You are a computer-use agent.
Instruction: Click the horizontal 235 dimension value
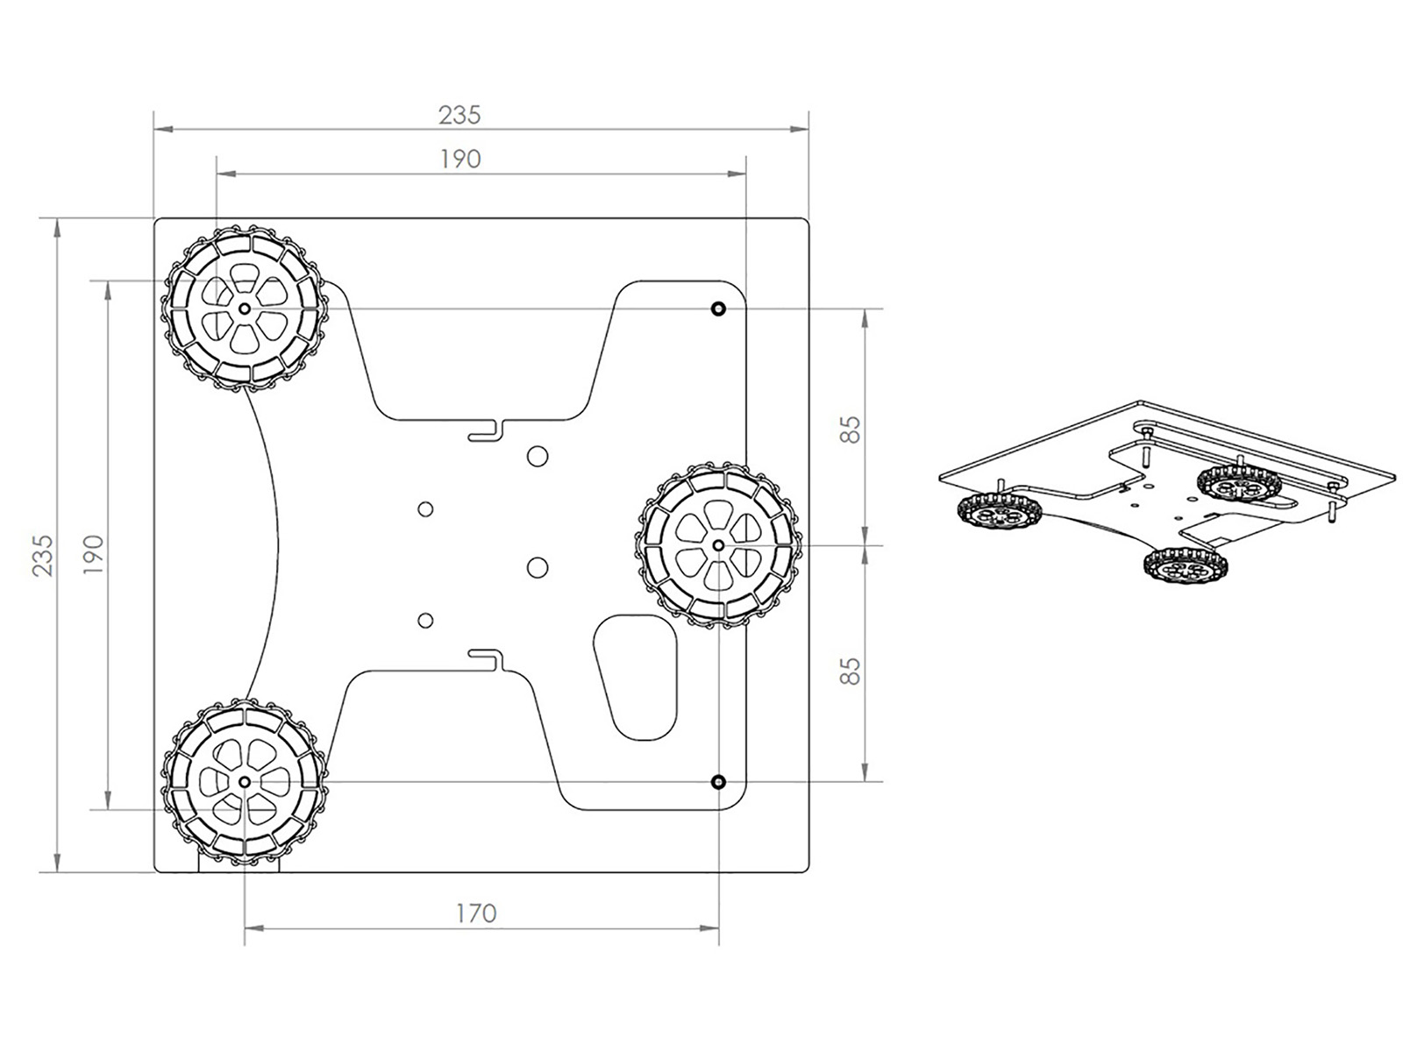tap(459, 115)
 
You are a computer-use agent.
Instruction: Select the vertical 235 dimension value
tap(44, 555)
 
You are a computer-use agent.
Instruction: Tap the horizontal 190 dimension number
tap(460, 159)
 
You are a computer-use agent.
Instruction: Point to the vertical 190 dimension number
tap(93, 554)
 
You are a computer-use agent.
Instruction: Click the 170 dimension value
tap(476, 913)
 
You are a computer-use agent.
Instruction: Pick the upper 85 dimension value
tap(850, 430)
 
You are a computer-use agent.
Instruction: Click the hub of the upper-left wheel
tap(244, 309)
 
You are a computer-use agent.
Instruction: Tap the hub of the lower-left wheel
tap(244, 782)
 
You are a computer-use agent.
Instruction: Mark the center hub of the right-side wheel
tap(718, 544)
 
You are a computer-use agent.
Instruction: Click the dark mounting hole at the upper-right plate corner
tap(718, 309)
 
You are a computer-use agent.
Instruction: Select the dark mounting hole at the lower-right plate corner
tap(718, 782)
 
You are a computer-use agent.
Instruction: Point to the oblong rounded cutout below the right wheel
tap(636, 677)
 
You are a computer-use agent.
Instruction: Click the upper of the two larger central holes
tap(538, 455)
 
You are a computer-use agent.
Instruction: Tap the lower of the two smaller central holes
tap(425, 620)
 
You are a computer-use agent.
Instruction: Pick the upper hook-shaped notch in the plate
tap(487, 430)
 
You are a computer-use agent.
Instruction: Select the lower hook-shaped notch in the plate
tap(487, 660)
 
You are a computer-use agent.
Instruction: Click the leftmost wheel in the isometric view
tap(998, 512)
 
